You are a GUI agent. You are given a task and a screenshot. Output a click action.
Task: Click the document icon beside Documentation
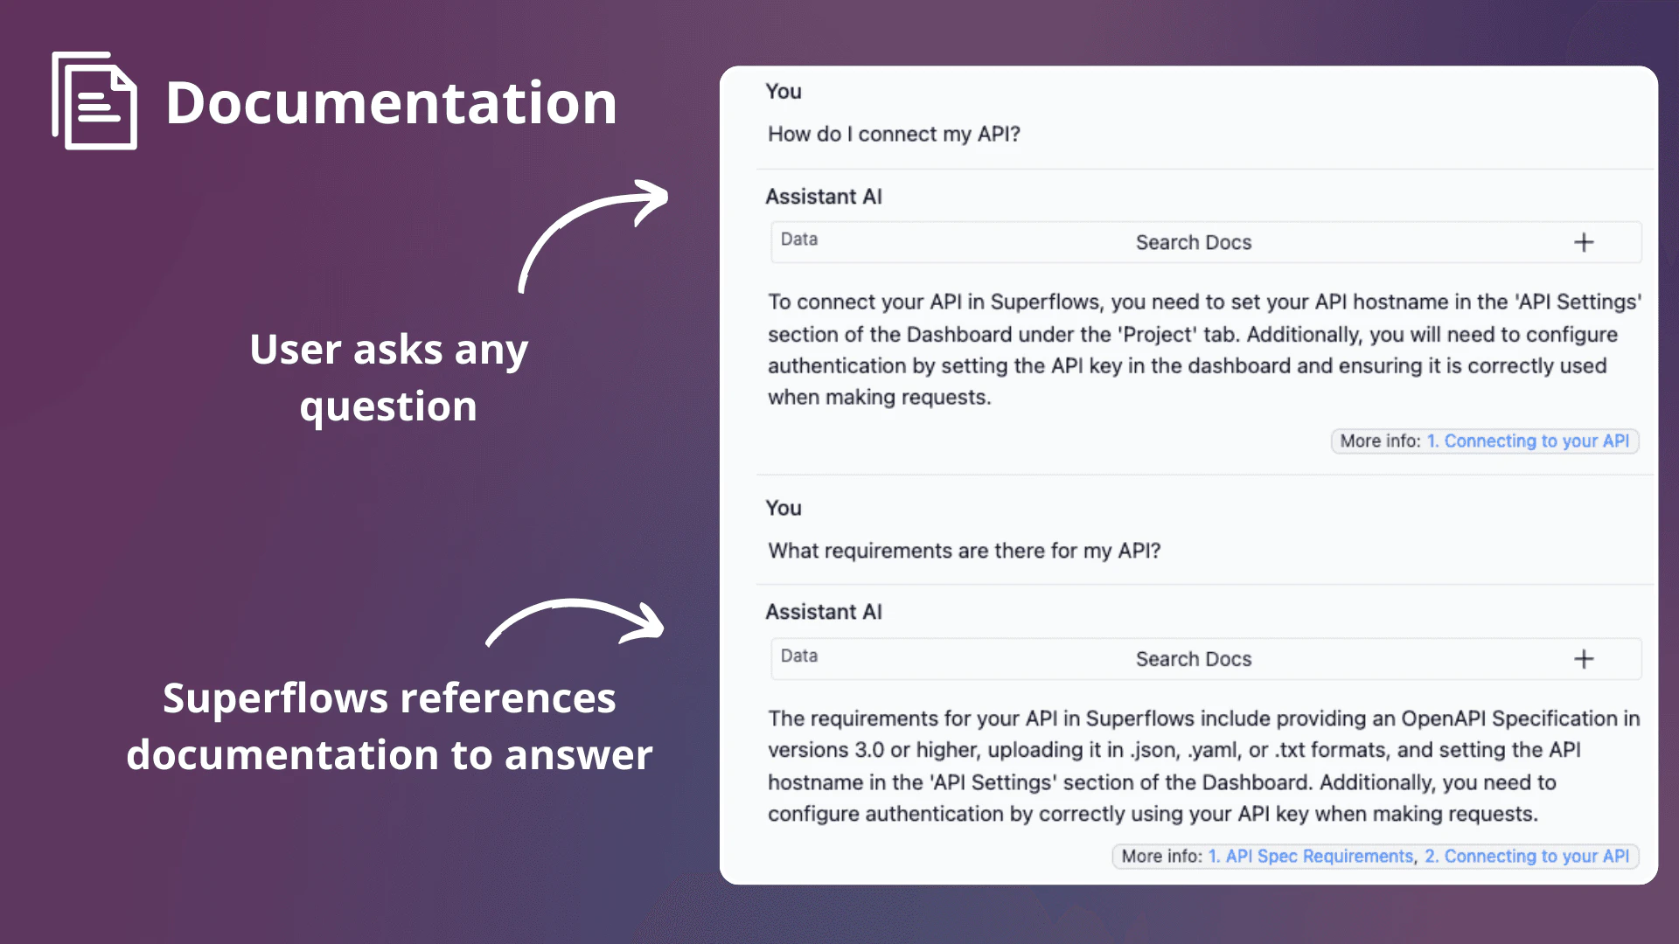pos(94,101)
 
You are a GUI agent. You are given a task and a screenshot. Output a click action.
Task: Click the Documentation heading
pos(391,103)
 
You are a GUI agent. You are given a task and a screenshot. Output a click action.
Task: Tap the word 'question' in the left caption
pos(388,407)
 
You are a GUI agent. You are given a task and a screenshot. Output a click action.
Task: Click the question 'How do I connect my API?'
pos(894,135)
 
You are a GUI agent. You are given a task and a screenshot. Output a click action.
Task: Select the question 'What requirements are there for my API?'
pos(964,551)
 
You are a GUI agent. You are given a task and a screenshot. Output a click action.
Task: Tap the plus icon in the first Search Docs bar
pos(1584,242)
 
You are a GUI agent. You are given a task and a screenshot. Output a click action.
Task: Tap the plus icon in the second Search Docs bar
pos(1584,659)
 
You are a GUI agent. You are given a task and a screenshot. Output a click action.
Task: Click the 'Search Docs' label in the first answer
pos(1193,243)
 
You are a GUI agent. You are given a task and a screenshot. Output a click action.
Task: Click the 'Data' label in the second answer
pos(798,656)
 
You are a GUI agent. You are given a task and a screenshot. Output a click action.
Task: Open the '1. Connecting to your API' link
pos(1528,441)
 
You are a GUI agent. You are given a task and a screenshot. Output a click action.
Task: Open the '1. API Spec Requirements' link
pos(1310,857)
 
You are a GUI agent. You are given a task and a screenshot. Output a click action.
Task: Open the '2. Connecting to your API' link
pos(1526,857)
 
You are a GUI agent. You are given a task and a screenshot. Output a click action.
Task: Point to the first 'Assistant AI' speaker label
pos(823,197)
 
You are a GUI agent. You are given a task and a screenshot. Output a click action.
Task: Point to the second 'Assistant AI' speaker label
pos(823,612)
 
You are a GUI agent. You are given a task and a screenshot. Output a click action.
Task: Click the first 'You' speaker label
pos(783,92)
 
